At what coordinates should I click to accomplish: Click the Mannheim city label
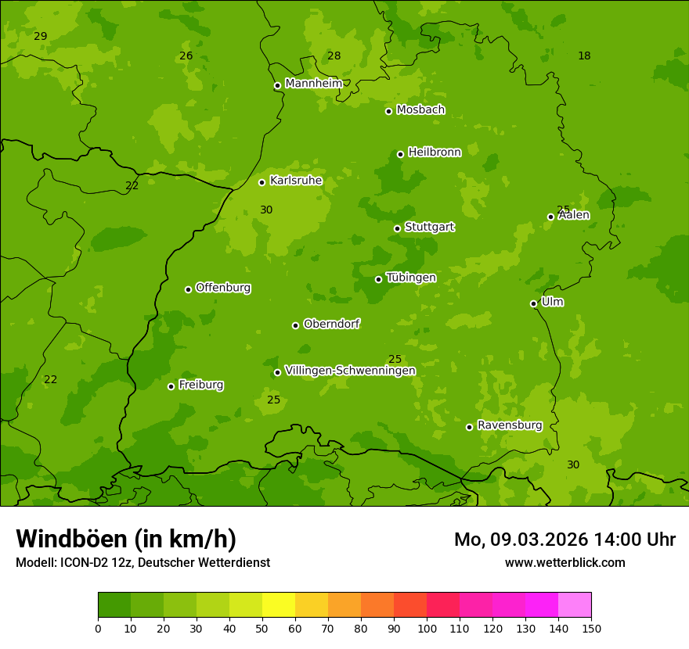[x=313, y=84]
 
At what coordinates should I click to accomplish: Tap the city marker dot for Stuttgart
[x=397, y=228]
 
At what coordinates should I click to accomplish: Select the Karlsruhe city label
[x=296, y=181]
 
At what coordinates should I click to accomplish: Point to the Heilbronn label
[x=435, y=152]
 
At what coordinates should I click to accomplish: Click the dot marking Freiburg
[x=171, y=386]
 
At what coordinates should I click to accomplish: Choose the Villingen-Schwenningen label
[x=350, y=371]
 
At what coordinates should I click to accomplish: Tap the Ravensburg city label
[x=510, y=425]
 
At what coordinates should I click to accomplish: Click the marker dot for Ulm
[x=533, y=303]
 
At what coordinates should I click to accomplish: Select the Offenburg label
[x=223, y=288]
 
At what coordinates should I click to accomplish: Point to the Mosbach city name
[x=420, y=110]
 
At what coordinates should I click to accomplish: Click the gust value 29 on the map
[x=41, y=37]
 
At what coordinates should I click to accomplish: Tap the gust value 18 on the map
[x=584, y=56]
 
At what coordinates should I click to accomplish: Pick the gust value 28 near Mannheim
[x=334, y=56]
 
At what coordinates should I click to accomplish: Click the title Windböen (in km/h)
[x=126, y=540]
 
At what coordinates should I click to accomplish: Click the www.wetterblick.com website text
[x=565, y=562]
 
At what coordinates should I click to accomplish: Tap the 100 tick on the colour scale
[x=427, y=628]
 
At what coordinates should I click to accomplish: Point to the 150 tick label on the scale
[x=591, y=628]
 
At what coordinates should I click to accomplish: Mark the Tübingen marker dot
[x=378, y=279]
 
